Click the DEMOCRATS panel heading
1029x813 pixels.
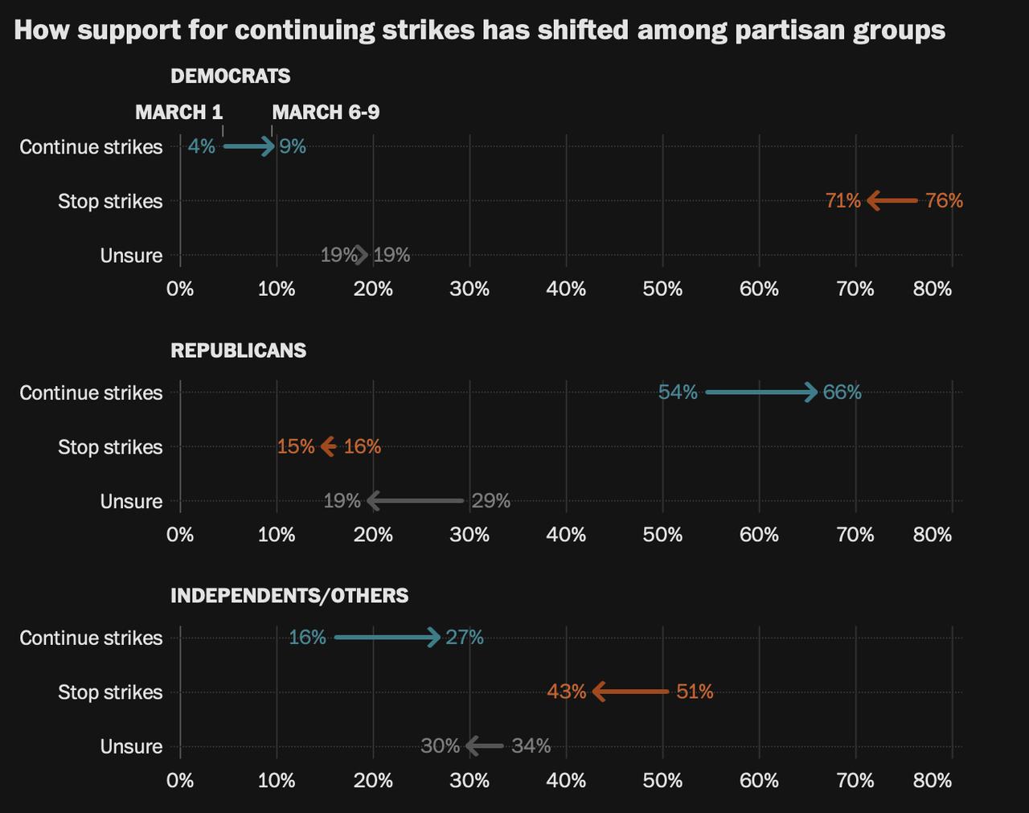click(x=230, y=76)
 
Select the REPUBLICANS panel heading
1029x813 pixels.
click(x=238, y=351)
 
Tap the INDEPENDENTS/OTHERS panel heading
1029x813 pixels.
click(x=289, y=596)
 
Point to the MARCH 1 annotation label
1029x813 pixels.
click(x=178, y=112)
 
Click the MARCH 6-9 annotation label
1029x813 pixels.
click(x=326, y=112)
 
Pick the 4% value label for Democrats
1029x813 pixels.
click(x=201, y=146)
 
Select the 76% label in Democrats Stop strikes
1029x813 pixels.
click(x=944, y=200)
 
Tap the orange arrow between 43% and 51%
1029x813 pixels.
click(x=631, y=692)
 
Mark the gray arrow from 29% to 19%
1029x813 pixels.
click(x=416, y=501)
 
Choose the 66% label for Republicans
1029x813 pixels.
click(x=842, y=392)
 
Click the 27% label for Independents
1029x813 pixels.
click(x=465, y=638)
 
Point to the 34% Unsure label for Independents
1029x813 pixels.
click(x=531, y=746)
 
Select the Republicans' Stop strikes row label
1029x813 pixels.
click(x=110, y=447)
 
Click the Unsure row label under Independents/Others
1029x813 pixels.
click(x=131, y=747)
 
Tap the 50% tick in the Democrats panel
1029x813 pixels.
click(x=662, y=289)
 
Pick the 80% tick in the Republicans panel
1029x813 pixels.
click(x=933, y=535)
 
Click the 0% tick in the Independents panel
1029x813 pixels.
click(x=180, y=780)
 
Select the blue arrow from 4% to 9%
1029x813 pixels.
click(x=249, y=146)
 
